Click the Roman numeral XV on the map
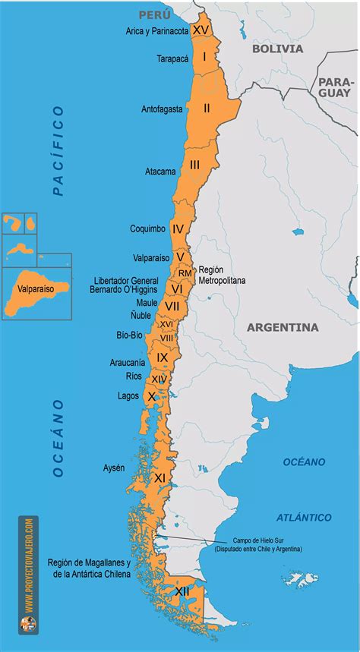201,30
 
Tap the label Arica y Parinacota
157,32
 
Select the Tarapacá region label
174,58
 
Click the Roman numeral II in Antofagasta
206,108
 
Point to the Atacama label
160,172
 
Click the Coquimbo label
147,228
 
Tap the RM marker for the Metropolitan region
185,272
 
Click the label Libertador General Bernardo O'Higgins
124,285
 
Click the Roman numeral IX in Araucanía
162,357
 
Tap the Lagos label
128,395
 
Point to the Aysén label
114,468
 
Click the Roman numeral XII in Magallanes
182,591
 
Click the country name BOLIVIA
277,49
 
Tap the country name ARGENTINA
283,328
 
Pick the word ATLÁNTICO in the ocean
304,518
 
